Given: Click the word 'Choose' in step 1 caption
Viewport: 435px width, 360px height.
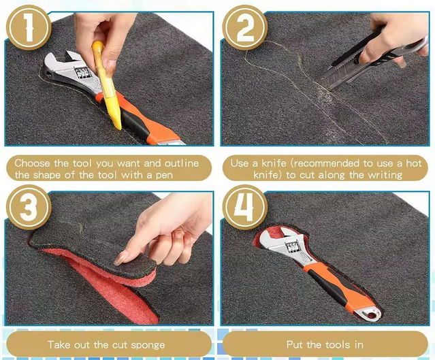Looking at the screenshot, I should coord(33,163).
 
